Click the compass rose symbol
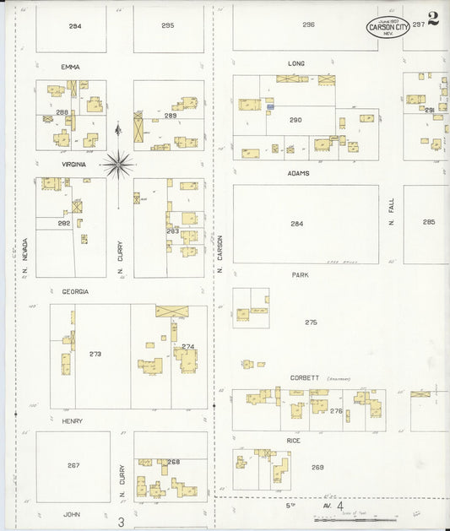pyautogui.click(x=119, y=164)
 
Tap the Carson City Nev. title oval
pyautogui.click(x=388, y=27)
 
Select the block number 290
pyautogui.click(x=295, y=120)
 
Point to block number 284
pyautogui.click(x=296, y=224)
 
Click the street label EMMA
pyautogui.click(x=69, y=66)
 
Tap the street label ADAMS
pyautogui.click(x=298, y=173)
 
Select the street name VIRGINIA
pyautogui.click(x=73, y=165)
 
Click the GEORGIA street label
pyautogui.click(x=75, y=291)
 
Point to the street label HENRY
pyautogui.click(x=72, y=420)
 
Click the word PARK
pyautogui.click(x=300, y=275)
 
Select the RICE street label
pyautogui.click(x=294, y=441)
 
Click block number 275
pyautogui.click(x=311, y=322)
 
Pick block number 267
pyautogui.click(x=73, y=465)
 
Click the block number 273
pyautogui.click(x=95, y=354)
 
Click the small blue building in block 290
pyautogui.click(x=270, y=107)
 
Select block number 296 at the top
pyautogui.click(x=308, y=24)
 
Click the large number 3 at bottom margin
pyautogui.click(x=121, y=523)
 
